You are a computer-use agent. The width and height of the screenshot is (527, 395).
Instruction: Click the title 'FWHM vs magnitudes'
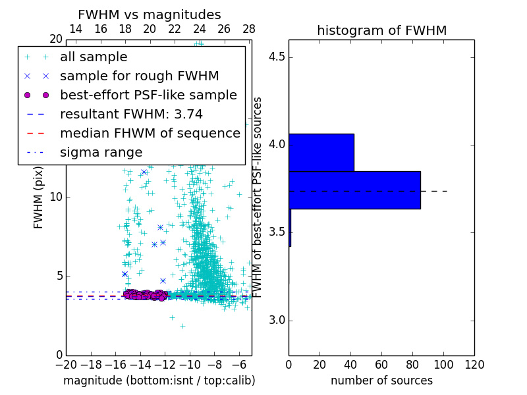coord(150,14)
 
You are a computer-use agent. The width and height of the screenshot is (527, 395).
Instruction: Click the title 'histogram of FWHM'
coord(381,30)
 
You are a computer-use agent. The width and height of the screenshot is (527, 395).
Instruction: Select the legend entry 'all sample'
coord(94,57)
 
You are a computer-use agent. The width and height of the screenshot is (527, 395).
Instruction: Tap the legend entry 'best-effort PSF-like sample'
coord(148,95)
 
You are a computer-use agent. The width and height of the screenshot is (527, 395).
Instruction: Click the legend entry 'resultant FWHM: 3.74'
coord(131,115)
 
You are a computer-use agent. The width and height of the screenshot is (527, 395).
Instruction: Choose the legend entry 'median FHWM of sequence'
coord(150,134)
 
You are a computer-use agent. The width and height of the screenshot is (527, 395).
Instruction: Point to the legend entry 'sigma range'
coord(101,153)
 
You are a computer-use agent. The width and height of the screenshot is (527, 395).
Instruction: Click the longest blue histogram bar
coord(354,190)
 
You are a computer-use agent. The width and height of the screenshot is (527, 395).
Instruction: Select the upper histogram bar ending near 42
coord(321,152)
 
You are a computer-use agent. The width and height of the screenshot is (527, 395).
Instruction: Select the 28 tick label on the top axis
coord(249,29)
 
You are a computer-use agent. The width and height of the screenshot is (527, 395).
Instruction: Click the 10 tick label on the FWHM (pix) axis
coord(55,197)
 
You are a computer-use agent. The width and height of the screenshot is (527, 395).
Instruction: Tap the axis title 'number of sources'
coord(381,381)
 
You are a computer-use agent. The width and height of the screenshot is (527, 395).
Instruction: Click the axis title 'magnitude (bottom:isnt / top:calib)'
coord(159,381)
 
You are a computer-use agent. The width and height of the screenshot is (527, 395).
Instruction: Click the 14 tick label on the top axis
coord(76,29)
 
